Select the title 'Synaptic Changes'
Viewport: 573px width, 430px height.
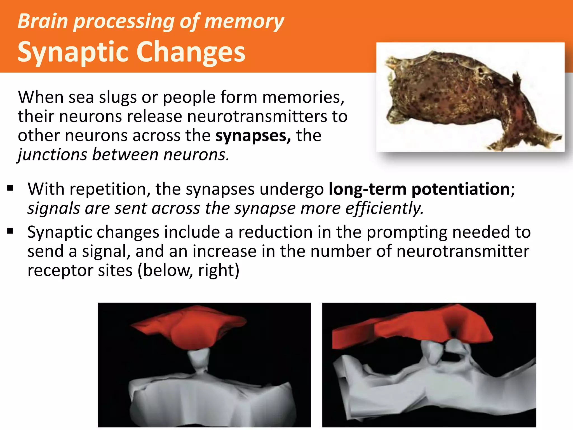click(131, 52)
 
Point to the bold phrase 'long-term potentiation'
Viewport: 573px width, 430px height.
click(419, 189)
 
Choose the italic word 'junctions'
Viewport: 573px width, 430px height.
click(52, 155)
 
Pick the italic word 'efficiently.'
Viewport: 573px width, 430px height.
click(384, 209)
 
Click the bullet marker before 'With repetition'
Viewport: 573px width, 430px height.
click(10, 188)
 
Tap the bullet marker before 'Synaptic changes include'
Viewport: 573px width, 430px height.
click(10, 231)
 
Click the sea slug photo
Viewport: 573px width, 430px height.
click(470, 97)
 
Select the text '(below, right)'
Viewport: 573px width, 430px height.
click(188, 271)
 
